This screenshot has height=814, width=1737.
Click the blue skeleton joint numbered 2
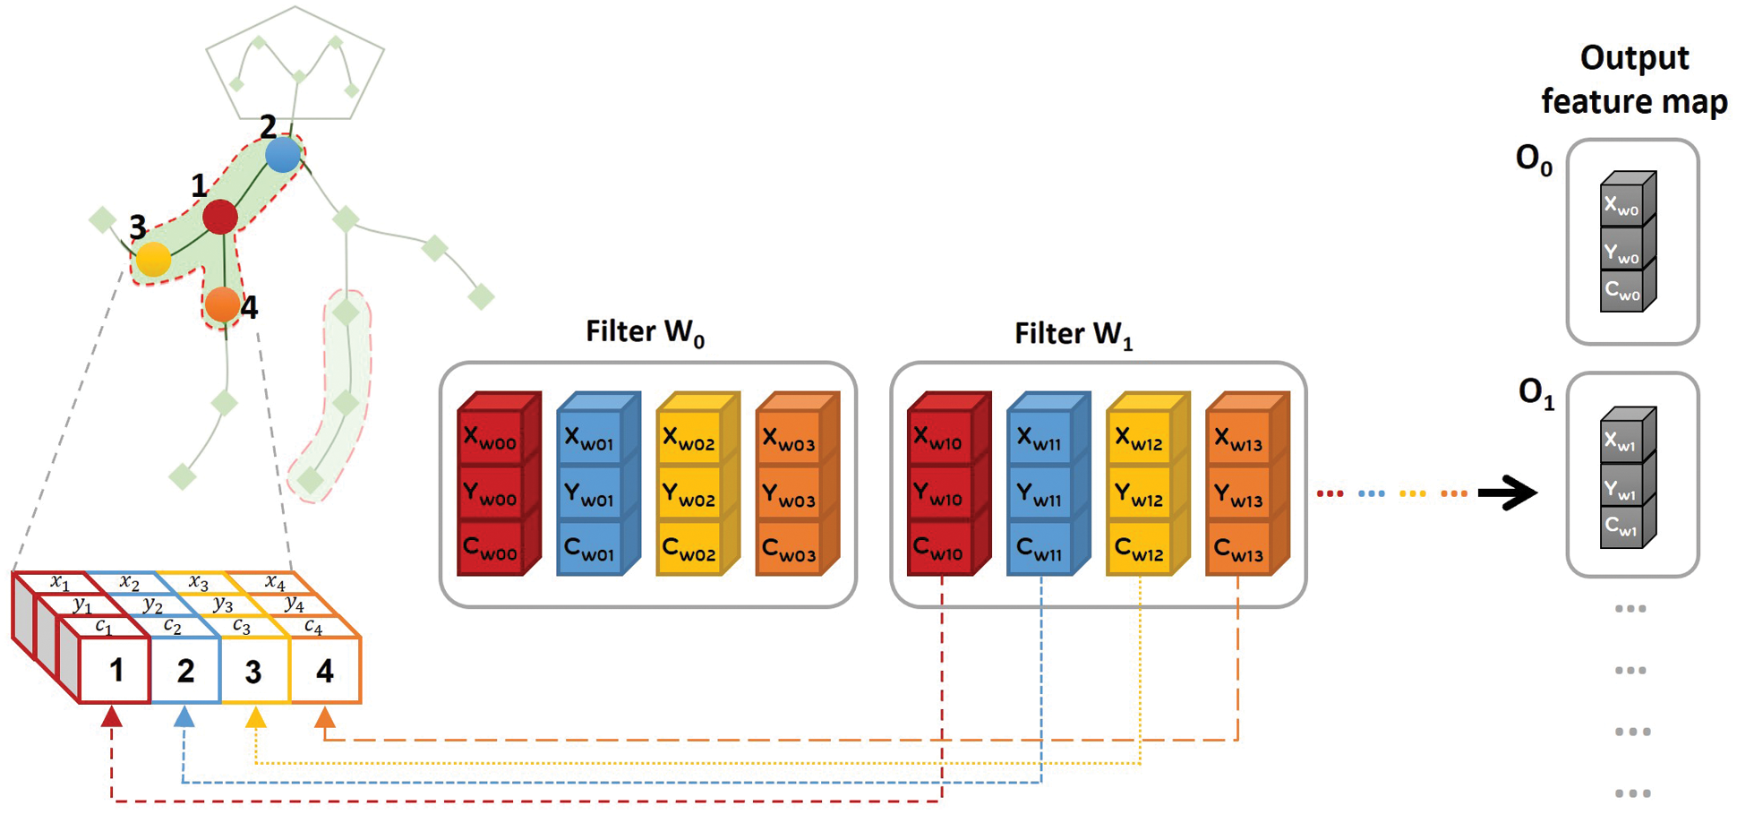(283, 154)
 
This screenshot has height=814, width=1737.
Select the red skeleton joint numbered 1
(219, 217)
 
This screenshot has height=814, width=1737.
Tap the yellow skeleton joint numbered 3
(154, 259)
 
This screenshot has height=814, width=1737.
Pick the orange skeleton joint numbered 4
(221, 304)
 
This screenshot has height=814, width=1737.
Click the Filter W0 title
(645, 332)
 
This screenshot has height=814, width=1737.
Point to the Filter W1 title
(1073, 334)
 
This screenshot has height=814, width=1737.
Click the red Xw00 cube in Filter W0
(491, 439)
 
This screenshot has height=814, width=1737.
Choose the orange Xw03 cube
(788, 439)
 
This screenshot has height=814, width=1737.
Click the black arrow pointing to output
(1508, 493)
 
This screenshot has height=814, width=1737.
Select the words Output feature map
(1634, 79)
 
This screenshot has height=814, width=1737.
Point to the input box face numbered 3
(254, 671)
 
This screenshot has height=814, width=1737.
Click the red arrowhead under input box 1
(112, 716)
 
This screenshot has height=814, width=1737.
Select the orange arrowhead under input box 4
(325, 717)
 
